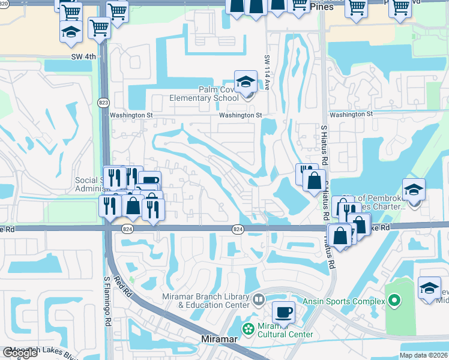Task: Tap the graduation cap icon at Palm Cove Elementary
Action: pyautogui.click(x=246, y=82)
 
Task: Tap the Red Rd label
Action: pyautogui.click(x=124, y=287)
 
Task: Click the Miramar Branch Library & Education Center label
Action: pyautogui.click(x=205, y=301)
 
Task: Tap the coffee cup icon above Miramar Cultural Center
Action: pyautogui.click(x=283, y=313)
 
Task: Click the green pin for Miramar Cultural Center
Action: pyautogui.click(x=247, y=328)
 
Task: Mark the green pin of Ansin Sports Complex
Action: pyautogui.click(x=394, y=299)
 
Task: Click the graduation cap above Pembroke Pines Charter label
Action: pyautogui.click(x=414, y=190)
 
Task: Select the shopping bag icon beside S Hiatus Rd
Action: pyautogui.click(x=314, y=180)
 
